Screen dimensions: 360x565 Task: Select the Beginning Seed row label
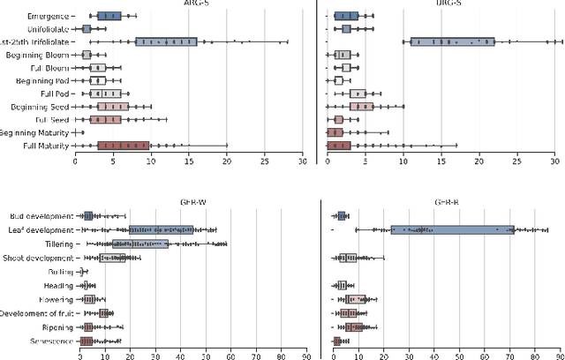point(40,106)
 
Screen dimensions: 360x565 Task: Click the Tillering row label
point(56,244)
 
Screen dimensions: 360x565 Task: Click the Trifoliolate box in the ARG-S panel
point(166,41)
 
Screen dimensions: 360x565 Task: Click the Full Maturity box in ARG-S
point(124,146)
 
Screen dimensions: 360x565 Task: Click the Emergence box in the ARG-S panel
point(109,16)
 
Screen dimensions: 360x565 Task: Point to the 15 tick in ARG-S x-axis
point(190,161)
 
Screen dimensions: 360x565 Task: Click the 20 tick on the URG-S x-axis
point(479,161)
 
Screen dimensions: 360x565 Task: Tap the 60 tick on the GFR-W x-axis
point(231,358)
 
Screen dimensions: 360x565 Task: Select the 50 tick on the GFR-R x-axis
point(459,358)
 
